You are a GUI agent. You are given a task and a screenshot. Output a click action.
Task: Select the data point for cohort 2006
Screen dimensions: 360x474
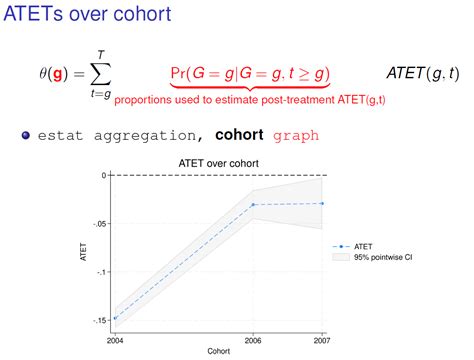[x=254, y=204]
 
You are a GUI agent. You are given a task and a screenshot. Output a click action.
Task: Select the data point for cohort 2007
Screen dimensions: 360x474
[x=322, y=203]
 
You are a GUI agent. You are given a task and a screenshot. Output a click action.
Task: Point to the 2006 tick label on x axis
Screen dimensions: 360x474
[x=254, y=340]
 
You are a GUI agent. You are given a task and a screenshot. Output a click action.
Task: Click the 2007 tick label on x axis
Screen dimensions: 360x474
[x=321, y=340]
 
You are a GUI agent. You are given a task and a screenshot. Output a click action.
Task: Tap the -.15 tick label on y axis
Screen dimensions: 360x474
[x=97, y=320]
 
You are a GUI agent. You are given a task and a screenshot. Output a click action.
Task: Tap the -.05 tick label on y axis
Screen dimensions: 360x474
[x=97, y=223]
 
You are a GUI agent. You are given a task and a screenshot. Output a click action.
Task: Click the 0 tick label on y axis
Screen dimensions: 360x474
[x=102, y=175]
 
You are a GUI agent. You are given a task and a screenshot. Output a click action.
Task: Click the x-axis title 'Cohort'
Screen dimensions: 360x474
[x=217, y=352]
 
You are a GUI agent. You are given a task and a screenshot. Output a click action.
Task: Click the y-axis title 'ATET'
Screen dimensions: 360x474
[x=84, y=248]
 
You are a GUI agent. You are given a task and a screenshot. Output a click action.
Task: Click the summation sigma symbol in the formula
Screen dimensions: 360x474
[x=97, y=74]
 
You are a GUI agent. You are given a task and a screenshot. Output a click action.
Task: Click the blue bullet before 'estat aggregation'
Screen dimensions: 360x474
[x=27, y=135]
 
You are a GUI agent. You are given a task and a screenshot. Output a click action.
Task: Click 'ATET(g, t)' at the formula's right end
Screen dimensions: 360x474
[x=423, y=73]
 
